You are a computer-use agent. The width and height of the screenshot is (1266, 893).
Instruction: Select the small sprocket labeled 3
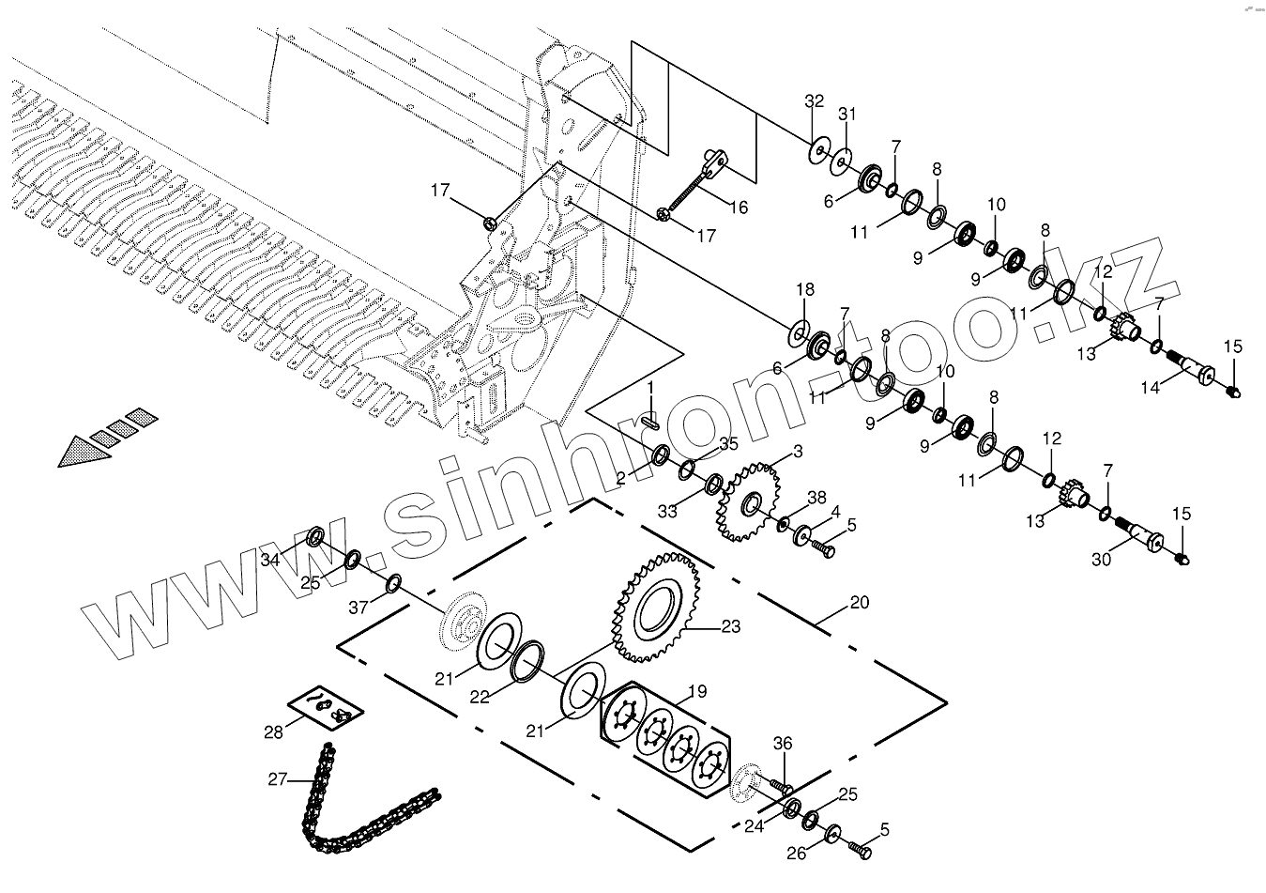coord(746,503)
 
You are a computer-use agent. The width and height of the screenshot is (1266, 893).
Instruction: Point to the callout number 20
coord(860,603)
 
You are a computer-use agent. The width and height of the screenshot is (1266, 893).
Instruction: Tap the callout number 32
coord(815,102)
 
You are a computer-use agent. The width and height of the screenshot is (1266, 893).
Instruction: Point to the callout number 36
coord(784,745)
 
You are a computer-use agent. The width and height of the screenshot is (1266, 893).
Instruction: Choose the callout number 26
coord(797,855)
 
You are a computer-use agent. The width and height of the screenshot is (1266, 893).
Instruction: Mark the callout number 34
coord(270,560)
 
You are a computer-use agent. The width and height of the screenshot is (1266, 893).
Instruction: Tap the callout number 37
coord(358,608)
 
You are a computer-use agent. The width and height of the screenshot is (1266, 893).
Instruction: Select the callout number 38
coord(817,497)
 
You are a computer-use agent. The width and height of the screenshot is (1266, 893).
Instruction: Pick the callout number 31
coord(847,115)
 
